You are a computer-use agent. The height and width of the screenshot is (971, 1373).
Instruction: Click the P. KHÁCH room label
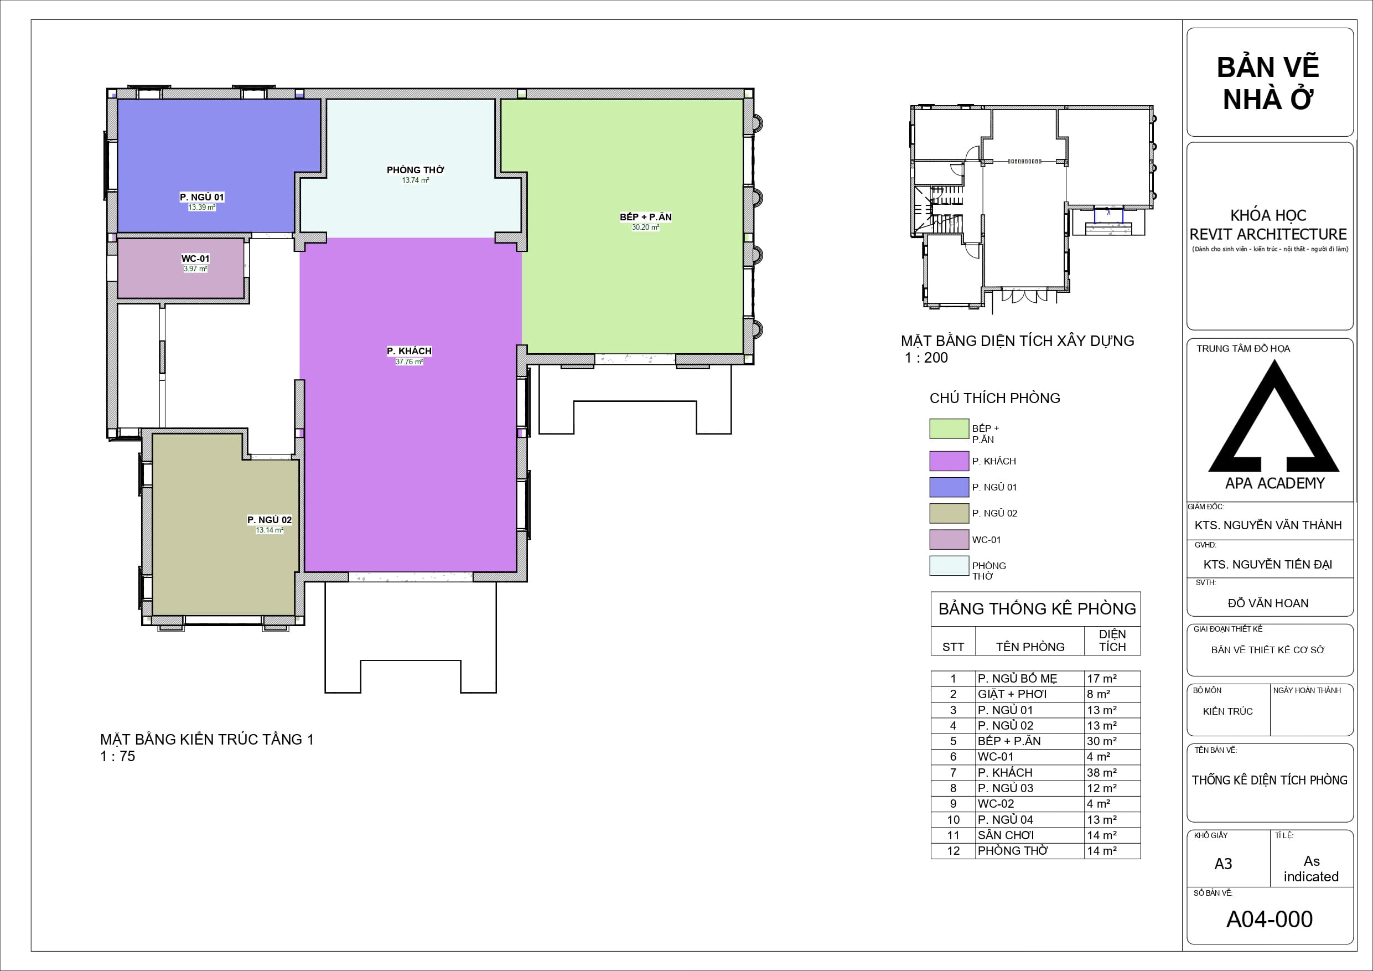409,351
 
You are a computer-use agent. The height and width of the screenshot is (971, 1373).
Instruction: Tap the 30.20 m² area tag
645,228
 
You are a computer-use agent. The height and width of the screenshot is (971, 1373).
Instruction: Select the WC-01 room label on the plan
195,259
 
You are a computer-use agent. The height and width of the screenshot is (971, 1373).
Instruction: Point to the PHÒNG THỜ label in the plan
416,170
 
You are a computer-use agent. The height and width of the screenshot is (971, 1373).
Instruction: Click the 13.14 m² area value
270,530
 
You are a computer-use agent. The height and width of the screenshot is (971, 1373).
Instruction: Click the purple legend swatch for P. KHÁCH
949,461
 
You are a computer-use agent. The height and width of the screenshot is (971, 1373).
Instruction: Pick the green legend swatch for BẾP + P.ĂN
949,428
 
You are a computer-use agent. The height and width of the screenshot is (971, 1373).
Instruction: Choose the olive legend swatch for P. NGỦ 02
949,513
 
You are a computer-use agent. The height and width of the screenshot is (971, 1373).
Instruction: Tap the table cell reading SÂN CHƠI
1006,835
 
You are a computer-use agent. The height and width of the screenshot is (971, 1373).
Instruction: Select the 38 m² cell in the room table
1101,772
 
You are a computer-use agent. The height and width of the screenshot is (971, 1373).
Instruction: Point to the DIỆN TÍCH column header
1112,640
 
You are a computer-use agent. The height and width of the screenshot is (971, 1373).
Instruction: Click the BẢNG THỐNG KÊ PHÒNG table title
1037,608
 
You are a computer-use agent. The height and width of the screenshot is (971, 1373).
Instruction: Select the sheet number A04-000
1270,919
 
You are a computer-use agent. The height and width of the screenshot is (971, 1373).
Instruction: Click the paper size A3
1223,864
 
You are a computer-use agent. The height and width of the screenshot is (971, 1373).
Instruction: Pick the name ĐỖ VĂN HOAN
1268,603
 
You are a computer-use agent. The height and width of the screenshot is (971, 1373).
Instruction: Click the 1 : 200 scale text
926,358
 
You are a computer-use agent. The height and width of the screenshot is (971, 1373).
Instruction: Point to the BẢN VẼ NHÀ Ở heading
1268,83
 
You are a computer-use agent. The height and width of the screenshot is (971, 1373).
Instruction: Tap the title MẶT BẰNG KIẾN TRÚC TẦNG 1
207,740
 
